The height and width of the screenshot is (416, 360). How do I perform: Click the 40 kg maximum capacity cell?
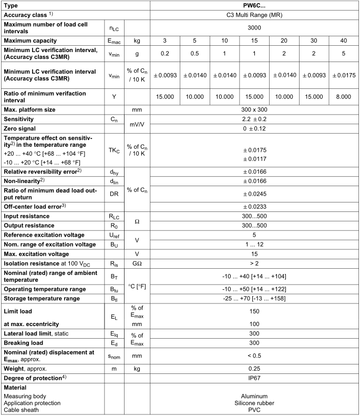[344, 40]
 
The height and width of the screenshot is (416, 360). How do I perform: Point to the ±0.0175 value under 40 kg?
[344, 75]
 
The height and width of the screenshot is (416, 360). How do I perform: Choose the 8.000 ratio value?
[344, 97]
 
